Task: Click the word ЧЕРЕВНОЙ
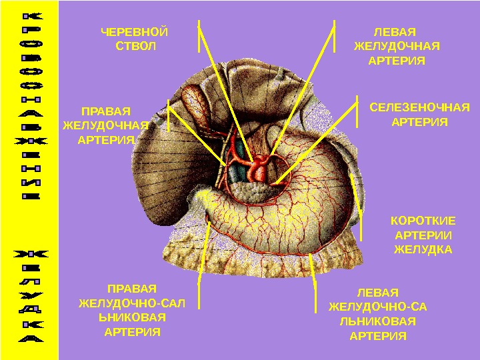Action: coord(134,32)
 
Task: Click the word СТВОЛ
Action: coord(134,47)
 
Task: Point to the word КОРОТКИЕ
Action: coord(423,221)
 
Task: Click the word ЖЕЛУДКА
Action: coord(423,250)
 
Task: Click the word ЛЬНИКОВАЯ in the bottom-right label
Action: coord(378,321)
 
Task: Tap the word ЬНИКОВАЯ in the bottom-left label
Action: coord(133,317)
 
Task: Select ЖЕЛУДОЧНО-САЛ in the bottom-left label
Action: coord(132,303)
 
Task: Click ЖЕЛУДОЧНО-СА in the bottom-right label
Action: coord(378,307)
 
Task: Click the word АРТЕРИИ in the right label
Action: coord(423,235)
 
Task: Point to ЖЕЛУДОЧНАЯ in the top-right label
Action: coord(397,47)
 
